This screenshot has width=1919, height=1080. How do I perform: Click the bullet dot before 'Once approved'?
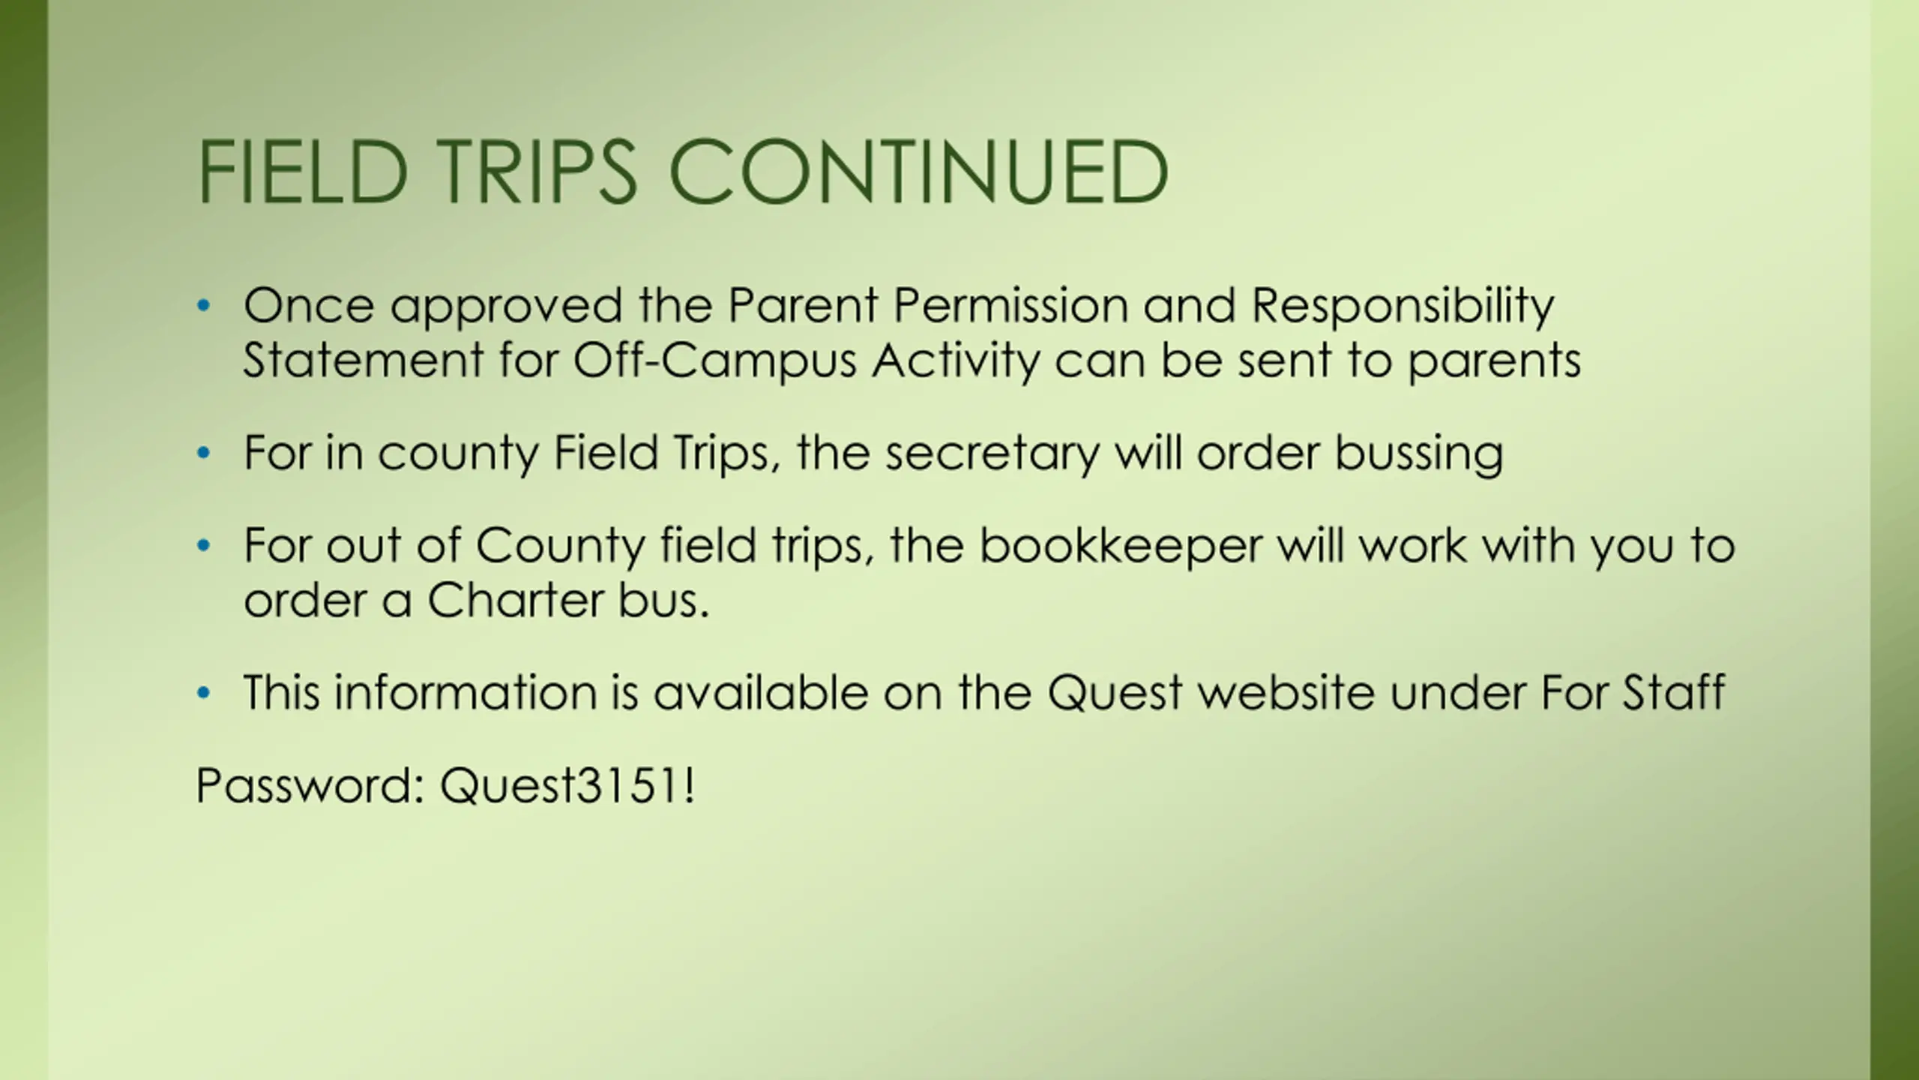click(203, 306)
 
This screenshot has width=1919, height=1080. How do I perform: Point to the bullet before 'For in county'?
click(203, 454)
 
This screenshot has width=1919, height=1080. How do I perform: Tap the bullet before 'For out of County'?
click(203, 546)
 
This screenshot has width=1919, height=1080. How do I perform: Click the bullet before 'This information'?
click(203, 693)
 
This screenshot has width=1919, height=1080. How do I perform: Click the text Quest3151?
click(567, 786)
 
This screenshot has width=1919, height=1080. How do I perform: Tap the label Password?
click(310, 786)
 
